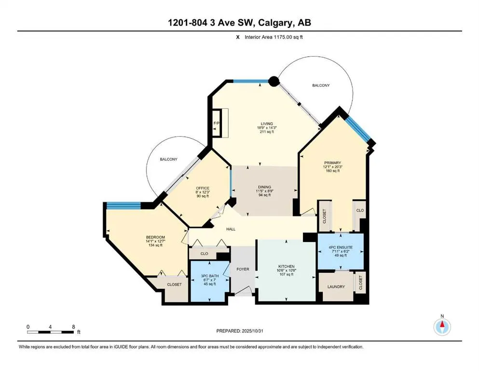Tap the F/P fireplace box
[x=216, y=124]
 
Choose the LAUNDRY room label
[x=336, y=287]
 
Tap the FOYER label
[x=243, y=269]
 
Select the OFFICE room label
[x=202, y=188]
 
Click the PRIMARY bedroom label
[x=332, y=163]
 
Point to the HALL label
[x=231, y=228]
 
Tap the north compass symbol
[x=442, y=327]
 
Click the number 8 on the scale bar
[x=73, y=327]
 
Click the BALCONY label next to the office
[x=169, y=159]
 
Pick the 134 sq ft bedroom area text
[x=156, y=245]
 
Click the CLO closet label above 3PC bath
[x=204, y=253]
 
